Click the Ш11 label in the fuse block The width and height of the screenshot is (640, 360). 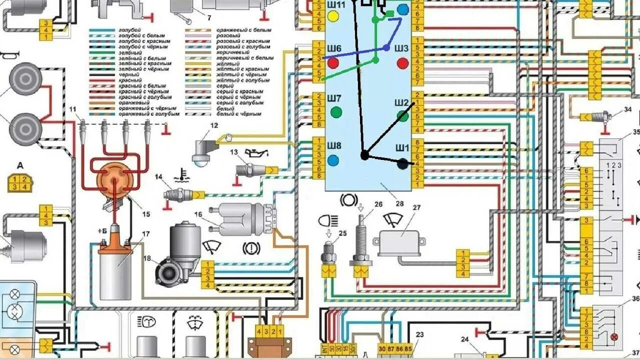click(335, 5)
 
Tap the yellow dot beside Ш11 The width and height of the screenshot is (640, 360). click(332, 16)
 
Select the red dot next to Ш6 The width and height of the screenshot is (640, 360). click(333, 63)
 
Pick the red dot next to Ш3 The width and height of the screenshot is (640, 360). click(403, 63)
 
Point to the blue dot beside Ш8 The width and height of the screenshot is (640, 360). click(333, 160)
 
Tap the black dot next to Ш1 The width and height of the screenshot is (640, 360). click(402, 163)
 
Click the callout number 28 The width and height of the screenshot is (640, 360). click(399, 203)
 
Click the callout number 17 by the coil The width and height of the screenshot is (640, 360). click(146, 233)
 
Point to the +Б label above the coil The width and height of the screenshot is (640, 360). click(102, 231)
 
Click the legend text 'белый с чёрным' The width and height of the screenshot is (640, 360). click(239, 114)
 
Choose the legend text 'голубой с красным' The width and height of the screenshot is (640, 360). click(142, 41)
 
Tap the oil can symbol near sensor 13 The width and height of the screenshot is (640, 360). click(252, 152)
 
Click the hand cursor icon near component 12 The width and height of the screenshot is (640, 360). click(229, 137)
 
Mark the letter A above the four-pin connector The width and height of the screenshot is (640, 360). click(20, 166)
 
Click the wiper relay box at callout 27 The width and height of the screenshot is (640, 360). click(402, 243)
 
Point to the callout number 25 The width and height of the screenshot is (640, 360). click(342, 233)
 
